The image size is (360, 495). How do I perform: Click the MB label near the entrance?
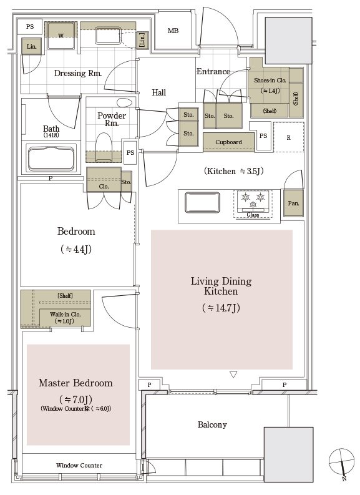[x=173, y=31]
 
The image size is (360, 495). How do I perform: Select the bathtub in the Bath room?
[x=52, y=158]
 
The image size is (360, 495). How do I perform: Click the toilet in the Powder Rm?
[x=104, y=147]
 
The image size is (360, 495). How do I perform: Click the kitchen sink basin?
[x=202, y=202]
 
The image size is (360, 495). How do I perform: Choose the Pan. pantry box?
[x=293, y=203]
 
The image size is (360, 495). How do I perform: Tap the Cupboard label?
[x=228, y=142]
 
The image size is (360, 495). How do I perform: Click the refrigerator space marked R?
[x=289, y=137]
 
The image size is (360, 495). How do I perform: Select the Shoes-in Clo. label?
[x=270, y=81]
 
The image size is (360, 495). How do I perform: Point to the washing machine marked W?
[x=61, y=36]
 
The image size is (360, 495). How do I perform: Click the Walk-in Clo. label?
[x=66, y=315]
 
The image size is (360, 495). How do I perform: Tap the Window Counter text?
[x=79, y=465]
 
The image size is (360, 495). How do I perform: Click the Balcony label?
[x=212, y=424]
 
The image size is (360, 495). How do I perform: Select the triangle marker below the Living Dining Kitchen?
[x=233, y=375]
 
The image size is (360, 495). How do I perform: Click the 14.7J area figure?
[x=221, y=308]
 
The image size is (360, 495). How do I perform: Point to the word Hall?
[x=158, y=92]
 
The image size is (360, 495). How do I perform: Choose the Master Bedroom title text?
[x=75, y=383]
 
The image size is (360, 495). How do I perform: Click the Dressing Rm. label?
[x=78, y=73]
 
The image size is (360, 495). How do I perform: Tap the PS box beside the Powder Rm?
[x=130, y=152]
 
